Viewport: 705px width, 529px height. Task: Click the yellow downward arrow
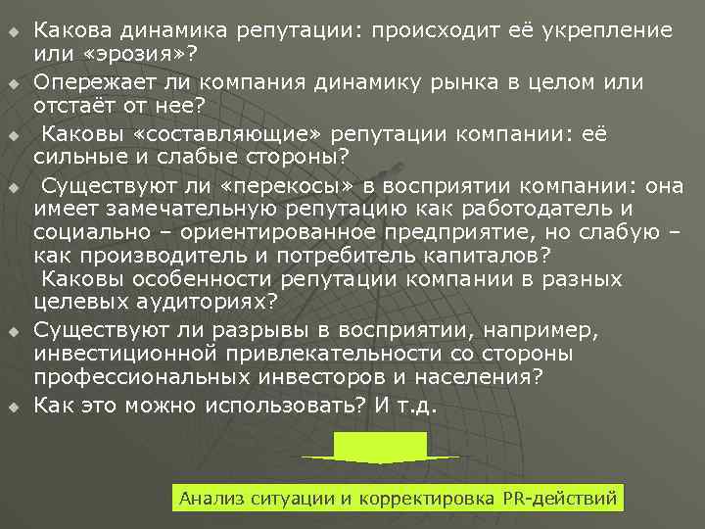pyautogui.click(x=380, y=447)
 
